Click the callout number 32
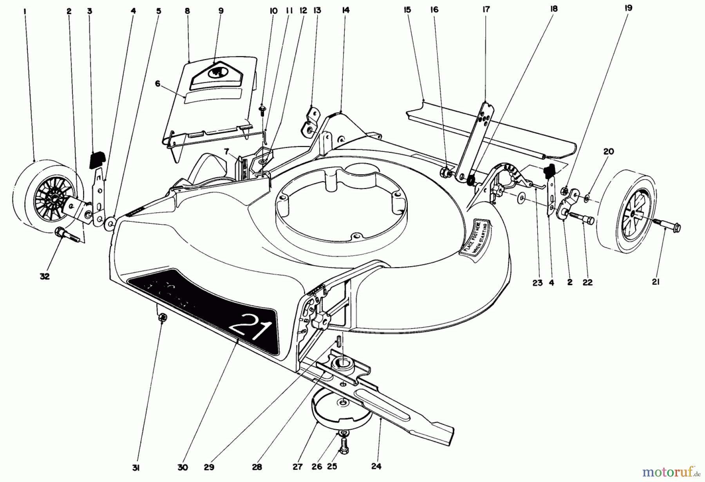pos(45,276)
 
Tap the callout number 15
pos(407,9)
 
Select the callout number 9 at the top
pos(221,11)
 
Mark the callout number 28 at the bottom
pos(257,467)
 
